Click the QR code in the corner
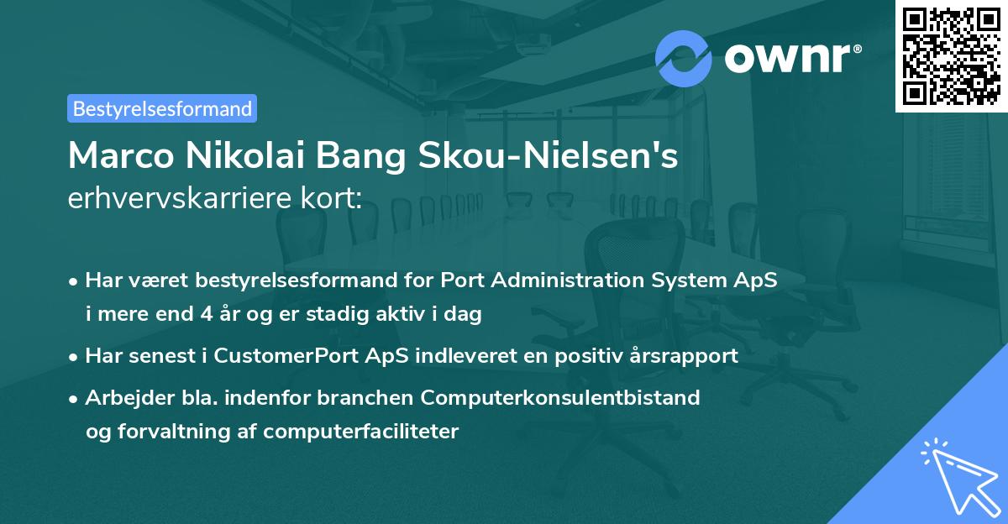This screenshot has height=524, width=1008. [x=950, y=55]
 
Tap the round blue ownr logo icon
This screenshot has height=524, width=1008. [x=684, y=59]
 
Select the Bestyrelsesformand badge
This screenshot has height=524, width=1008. [x=162, y=108]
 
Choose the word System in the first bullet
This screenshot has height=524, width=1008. [x=702, y=280]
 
